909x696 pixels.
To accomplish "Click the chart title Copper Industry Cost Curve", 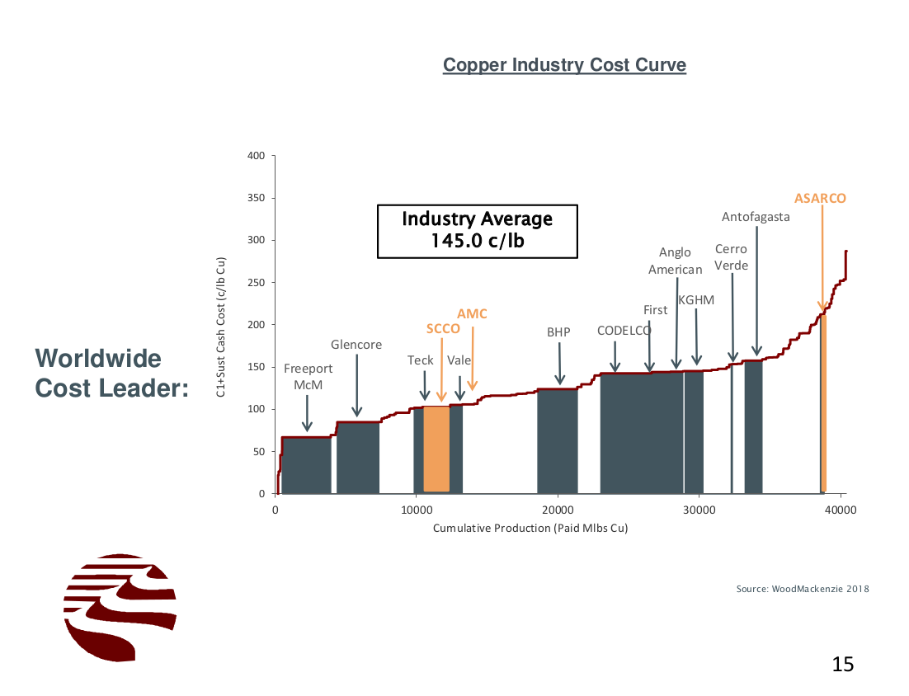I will (564, 65).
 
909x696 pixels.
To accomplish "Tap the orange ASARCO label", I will (820, 199).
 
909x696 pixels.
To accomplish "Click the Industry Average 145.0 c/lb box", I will (477, 231).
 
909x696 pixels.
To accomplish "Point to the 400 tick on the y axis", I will (257, 157).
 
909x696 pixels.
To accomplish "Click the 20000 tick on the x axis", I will (558, 510).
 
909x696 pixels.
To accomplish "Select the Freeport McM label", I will (308, 377).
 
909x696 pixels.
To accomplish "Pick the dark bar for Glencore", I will (358, 458).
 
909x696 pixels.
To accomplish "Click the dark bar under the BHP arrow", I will (558, 441).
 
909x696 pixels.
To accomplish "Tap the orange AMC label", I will (472, 314).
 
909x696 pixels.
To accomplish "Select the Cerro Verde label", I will (731, 257).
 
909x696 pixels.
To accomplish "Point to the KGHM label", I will (696, 300).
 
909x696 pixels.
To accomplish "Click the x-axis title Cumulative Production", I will (530, 528).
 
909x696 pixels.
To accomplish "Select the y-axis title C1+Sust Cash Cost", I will (221, 327).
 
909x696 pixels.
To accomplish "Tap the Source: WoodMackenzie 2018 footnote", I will (803, 589).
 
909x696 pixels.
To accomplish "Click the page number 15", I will (842, 664).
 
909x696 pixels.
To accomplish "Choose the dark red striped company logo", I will (120, 607).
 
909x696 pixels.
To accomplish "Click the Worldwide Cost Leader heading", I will (111, 374).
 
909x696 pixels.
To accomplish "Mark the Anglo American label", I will (676, 261).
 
